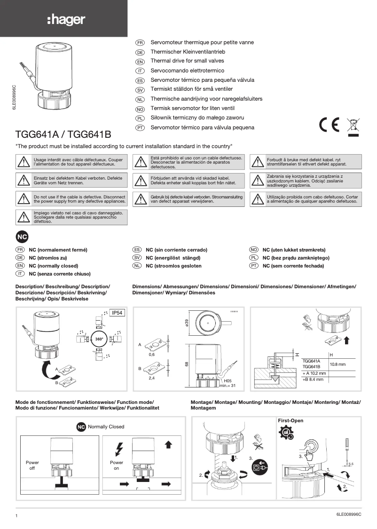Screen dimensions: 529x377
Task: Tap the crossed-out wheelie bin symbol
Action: pyautogui.click(x=353, y=126)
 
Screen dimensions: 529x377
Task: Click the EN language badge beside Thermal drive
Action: pyautogui.click(x=140, y=62)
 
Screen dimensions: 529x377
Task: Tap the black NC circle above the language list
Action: pyautogui.click(x=23, y=236)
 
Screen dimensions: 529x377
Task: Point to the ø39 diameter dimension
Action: pyautogui.click(x=186, y=324)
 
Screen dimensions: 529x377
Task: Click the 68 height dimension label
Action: pyautogui.click(x=186, y=365)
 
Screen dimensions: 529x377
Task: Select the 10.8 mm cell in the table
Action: pyautogui.click(x=338, y=364)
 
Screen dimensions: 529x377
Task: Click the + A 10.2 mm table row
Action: pyautogui.click(x=314, y=373)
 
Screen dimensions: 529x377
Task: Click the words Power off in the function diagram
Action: pyautogui.click(x=32, y=466)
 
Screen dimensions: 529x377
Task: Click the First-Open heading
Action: pyautogui.click(x=291, y=420)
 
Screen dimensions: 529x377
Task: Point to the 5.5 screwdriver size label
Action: pyautogui.click(x=351, y=464)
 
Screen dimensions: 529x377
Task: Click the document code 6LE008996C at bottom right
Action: pyautogui.click(x=349, y=514)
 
